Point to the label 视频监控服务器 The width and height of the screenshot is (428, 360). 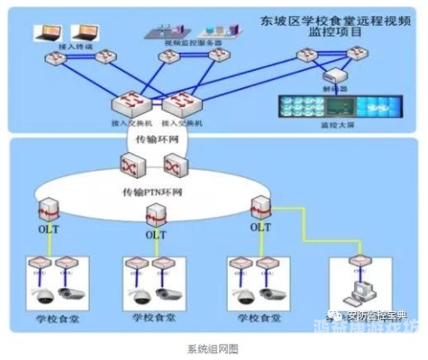[x=197, y=42]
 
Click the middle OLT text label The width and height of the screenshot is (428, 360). [x=155, y=234]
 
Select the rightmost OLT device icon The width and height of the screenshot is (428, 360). [x=259, y=205]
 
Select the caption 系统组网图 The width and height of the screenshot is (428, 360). [x=212, y=348]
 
